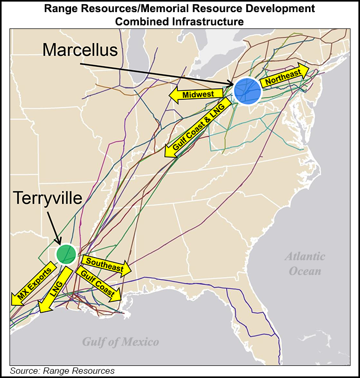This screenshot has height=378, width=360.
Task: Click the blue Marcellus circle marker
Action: [247, 91]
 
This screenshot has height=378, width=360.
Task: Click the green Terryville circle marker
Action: [66, 253]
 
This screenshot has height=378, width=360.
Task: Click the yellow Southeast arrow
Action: [104, 265]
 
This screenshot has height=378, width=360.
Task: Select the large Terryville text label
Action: [48, 198]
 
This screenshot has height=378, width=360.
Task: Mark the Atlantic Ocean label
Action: [305, 263]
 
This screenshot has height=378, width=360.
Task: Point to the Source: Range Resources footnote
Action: [62, 371]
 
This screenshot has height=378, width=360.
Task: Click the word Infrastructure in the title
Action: [211, 22]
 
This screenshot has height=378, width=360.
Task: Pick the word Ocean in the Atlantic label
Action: [305, 271]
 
